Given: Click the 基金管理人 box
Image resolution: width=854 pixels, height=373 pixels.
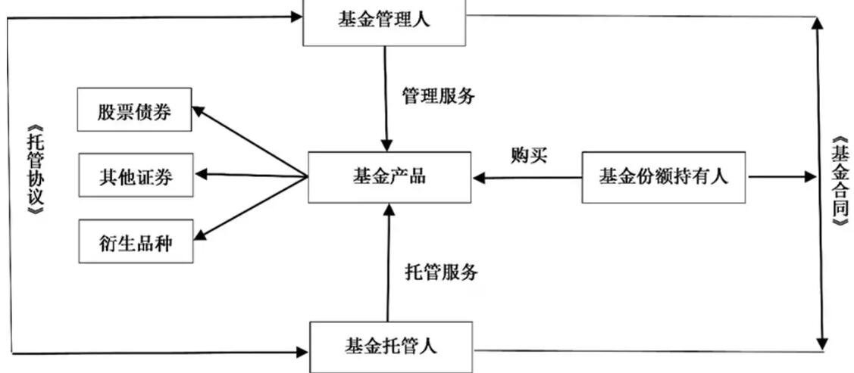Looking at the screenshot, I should point(384,20).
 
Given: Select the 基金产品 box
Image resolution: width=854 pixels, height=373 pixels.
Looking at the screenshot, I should point(389,177).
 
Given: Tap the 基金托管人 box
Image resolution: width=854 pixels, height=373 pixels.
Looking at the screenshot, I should point(391,347).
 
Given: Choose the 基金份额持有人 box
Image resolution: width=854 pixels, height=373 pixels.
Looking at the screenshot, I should point(663,177).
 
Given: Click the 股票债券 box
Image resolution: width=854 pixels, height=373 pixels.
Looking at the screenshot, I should point(134,112).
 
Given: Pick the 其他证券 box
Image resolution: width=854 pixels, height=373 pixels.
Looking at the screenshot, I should point(136,177).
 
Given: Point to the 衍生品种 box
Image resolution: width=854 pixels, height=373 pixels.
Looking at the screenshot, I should point(136,243).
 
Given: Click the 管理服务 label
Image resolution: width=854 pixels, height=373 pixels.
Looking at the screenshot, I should point(438,96).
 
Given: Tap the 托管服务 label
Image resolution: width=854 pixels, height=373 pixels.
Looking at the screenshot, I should point(441,272).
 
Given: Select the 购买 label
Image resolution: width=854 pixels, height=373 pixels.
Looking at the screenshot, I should point(529,157).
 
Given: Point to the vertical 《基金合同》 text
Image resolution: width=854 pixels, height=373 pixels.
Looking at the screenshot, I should point(839,182).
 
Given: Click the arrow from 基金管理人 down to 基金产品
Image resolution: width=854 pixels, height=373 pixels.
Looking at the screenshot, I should point(386,98).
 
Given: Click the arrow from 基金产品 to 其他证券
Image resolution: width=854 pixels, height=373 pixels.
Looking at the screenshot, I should point(250,176).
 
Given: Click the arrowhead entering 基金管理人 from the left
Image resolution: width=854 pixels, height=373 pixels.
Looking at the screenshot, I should point(296,16).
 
